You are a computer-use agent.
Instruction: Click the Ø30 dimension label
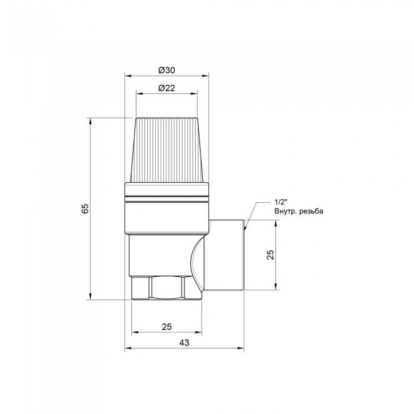(167, 70)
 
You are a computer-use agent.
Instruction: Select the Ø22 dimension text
(167, 88)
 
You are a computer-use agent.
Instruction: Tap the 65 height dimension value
(85, 209)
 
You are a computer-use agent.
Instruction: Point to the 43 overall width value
(185, 342)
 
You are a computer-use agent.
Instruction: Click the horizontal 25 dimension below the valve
(167, 327)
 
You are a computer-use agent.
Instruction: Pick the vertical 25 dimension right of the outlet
(270, 254)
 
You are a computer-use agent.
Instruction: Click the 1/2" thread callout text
(280, 202)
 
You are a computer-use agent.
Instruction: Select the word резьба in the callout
(311, 212)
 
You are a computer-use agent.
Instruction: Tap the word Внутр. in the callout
(285, 211)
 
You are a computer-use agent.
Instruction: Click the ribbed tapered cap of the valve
(167, 150)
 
